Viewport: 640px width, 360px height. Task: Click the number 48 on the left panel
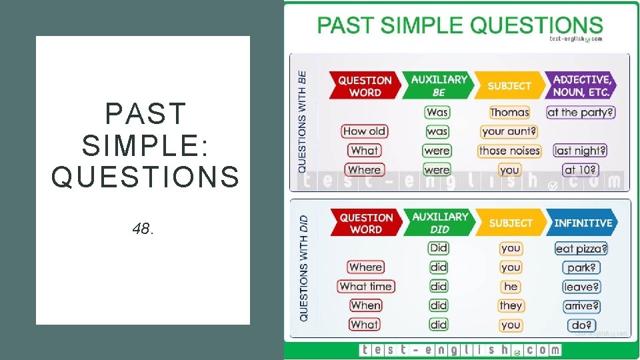(x=143, y=229)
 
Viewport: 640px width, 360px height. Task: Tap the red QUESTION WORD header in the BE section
(x=365, y=86)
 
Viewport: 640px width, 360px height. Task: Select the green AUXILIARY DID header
(x=439, y=223)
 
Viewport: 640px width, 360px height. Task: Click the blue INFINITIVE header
(x=582, y=223)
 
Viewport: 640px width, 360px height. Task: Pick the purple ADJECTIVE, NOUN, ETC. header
(x=581, y=86)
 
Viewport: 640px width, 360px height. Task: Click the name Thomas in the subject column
(x=509, y=112)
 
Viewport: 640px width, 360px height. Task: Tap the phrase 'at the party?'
(x=581, y=112)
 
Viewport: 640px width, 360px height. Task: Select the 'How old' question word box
(x=365, y=131)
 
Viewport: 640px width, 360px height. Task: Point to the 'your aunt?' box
(x=509, y=131)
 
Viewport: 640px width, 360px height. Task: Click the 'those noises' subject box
(x=509, y=151)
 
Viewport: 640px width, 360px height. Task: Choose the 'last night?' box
(x=581, y=151)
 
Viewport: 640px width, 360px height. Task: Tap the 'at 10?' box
(x=581, y=170)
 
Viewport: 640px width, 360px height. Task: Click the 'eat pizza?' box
(x=581, y=249)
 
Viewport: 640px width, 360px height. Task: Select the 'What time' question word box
(x=366, y=287)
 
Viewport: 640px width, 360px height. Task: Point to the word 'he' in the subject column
(x=511, y=287)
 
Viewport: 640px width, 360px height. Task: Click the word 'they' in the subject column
(x=511, y=305)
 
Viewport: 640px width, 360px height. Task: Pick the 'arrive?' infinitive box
(x=581, y=306)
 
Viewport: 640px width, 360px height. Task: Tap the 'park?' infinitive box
(x=581, y=267)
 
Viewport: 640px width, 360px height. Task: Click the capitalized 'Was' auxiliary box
(x=437, y=112)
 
